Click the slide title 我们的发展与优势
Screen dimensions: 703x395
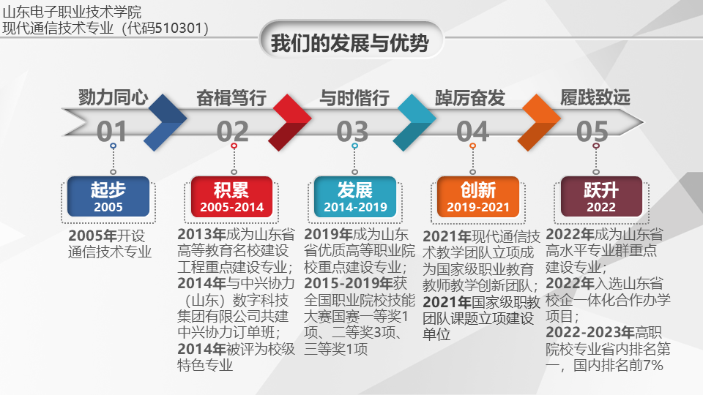coord(350,43)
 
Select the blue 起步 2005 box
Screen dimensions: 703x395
coord(108,196)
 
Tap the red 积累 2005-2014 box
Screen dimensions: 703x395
coord(231,197)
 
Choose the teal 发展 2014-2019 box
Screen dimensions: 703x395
coord(355,197)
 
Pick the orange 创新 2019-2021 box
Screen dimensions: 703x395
coord(478,197)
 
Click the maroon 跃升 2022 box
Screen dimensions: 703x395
coord(601,197)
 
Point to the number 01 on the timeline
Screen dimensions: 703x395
coord(111,132)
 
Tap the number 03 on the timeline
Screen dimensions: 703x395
coord(352,132)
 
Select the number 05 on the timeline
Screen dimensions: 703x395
coord(592,132)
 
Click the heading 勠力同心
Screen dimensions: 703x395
coord(113,97)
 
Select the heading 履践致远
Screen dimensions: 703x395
coord(595,97)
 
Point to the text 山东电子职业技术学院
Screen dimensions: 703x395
coord(72,12)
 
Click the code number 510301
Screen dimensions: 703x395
coord(178,29)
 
